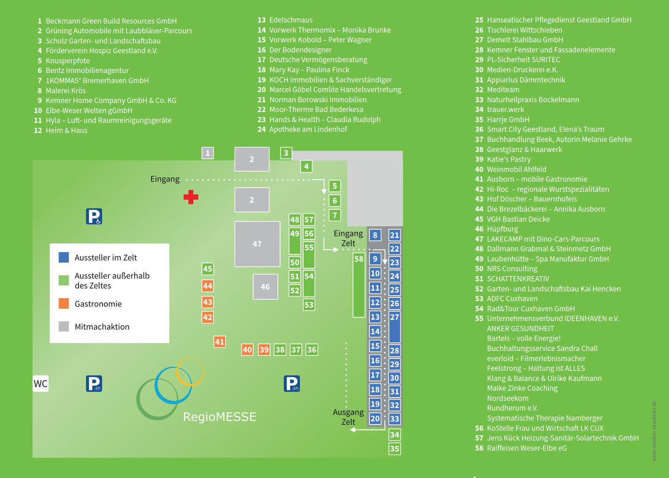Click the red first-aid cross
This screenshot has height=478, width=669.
click(191, 197)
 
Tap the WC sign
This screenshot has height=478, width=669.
click(41, 384)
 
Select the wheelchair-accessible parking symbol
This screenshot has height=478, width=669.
click(94, 216)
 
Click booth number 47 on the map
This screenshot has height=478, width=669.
click(257, 244)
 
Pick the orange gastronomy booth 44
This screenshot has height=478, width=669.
click(208, 286)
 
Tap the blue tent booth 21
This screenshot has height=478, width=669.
click(395, 235)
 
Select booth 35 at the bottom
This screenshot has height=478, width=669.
click(395, 449)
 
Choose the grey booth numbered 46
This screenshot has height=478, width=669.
click(265, 287)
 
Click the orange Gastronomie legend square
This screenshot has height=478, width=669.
click(64, 304)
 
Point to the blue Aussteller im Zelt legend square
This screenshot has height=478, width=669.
click(64, 257)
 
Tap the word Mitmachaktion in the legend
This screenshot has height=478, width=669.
click(102, 327)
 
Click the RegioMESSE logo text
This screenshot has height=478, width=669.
click(220, 417)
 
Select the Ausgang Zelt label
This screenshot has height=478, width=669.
click(348, 417)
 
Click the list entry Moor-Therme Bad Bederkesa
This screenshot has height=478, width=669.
click(316, 109)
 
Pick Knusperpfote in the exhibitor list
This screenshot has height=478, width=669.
click(68, 61)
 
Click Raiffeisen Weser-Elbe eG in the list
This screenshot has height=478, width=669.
click(526, 448)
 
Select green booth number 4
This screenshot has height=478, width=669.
click(306, 166)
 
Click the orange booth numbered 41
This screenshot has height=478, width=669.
click(220, 342)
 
